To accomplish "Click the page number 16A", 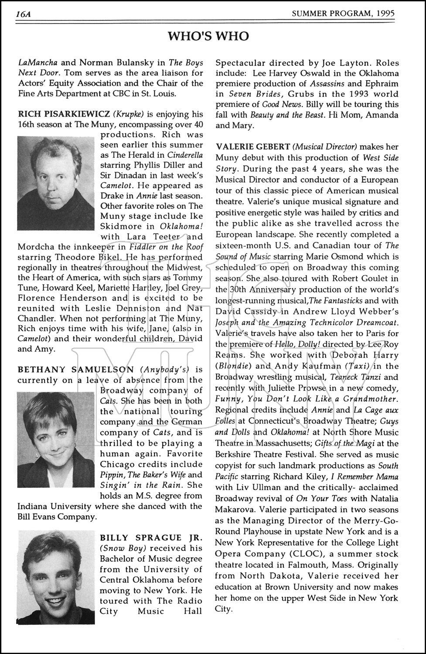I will click(x=22, y=14).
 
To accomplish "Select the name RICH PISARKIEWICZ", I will click(x=64, y=114).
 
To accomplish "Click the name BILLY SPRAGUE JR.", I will click(x=151, y=538).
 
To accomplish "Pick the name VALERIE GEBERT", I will click(x=253, y=147).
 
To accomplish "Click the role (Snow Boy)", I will click(x=123, y=548).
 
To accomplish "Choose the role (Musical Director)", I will click(x=325, y=147).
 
